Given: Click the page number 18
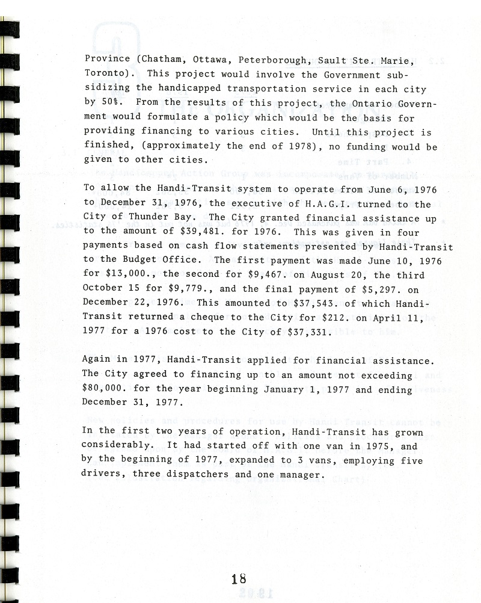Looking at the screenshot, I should [x=239, y=579].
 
